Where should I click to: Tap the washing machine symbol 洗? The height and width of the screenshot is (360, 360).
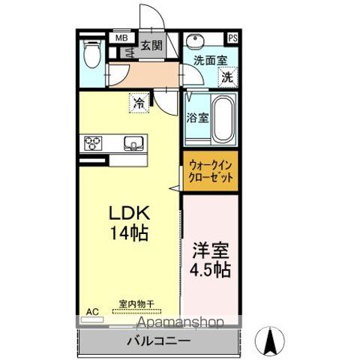[226, 76]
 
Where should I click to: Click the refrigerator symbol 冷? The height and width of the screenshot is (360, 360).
[139, 101]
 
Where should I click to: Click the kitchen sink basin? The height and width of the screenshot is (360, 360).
[134, 142]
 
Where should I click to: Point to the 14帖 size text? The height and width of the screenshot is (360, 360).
[124, 233]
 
